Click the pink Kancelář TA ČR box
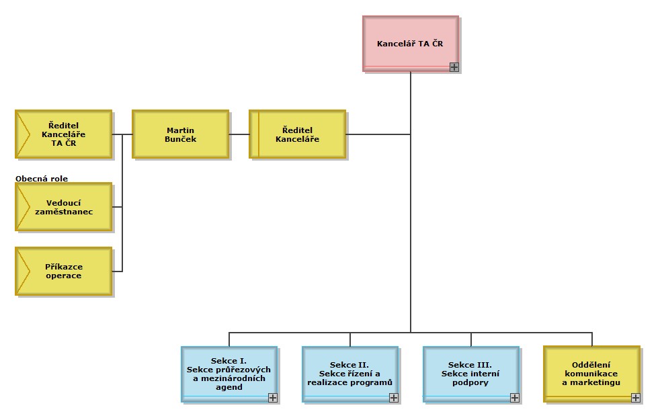pyautogui.click(x=410, y=43)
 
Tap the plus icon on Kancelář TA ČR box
pyautogui.click(x=454, y=67)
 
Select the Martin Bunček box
pyautogui.click(x=180, y=134)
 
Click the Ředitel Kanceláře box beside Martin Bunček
pyautogui.click(x=298, y=134)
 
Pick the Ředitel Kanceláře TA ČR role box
pyautogui.click(x=63, y=134)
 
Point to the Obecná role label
pyautogui.click(x=42, y=178)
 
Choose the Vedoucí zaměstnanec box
pyautogui.click(x=63, y=206)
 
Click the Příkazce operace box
pyautogui.click(x=63, y=271)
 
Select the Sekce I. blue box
pyautogui.click(x=229, y=373)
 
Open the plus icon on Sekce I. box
pyautogui.click(x=273, y=398)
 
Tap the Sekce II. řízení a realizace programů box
pyautogui.click(x=349, y=373)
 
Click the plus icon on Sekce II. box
pyautogui.click(x=394, y=398)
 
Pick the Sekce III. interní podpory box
pyautogui.click(x=470, y=373)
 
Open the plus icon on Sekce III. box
pyautogui.click(x=515, y=398)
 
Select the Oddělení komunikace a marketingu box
pyautogui.click(x=591, y=373)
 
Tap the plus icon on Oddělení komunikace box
pyautogui.click(x=636, y=398)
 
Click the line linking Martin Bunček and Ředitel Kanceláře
pyautogui.click(x=239, y=134)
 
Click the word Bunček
pyautogui.click(x=180, y=139)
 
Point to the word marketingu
pyautogui.click(x=591, y=383)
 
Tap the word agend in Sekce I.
pyautogui.click(x=229, y=388)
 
